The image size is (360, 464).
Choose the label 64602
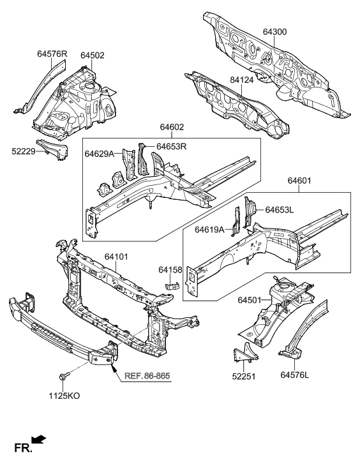pos(170,128)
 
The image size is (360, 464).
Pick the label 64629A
pos(99,154)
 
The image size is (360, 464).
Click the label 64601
pos(299,181)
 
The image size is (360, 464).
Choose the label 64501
pos(251,299)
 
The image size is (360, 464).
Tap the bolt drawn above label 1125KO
pos(66,377)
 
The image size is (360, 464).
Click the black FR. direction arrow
pos(39,438)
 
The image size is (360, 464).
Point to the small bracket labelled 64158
pos(172,285)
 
